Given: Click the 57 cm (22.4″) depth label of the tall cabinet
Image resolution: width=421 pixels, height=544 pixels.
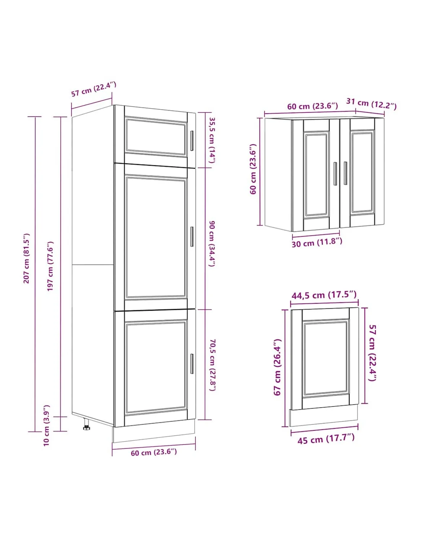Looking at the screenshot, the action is (x=94, y=89).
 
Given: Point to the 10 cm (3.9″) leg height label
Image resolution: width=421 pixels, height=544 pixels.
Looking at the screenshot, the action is (x=47, y=425).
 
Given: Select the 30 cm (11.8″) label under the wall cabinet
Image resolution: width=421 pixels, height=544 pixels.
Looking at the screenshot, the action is (x=317, y=243).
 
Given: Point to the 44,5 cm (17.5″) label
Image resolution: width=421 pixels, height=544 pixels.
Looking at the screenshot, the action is (x=324, y=295).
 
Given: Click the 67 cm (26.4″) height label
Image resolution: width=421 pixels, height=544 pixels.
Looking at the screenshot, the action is (x=278, y=367).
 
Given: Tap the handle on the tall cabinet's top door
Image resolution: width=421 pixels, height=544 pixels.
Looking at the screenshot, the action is (x=192, y=141).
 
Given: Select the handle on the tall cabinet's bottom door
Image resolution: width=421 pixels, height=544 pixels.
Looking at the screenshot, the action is (x=192, y=364).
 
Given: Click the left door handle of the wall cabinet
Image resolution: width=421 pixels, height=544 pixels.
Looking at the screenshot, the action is (x=335, y=173).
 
